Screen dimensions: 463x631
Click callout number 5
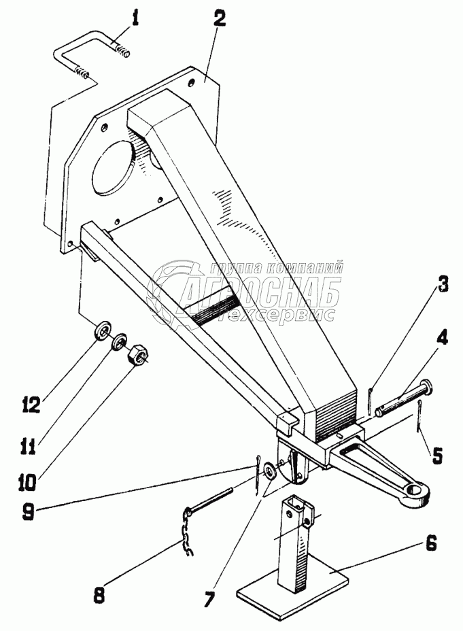coord(436,455)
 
